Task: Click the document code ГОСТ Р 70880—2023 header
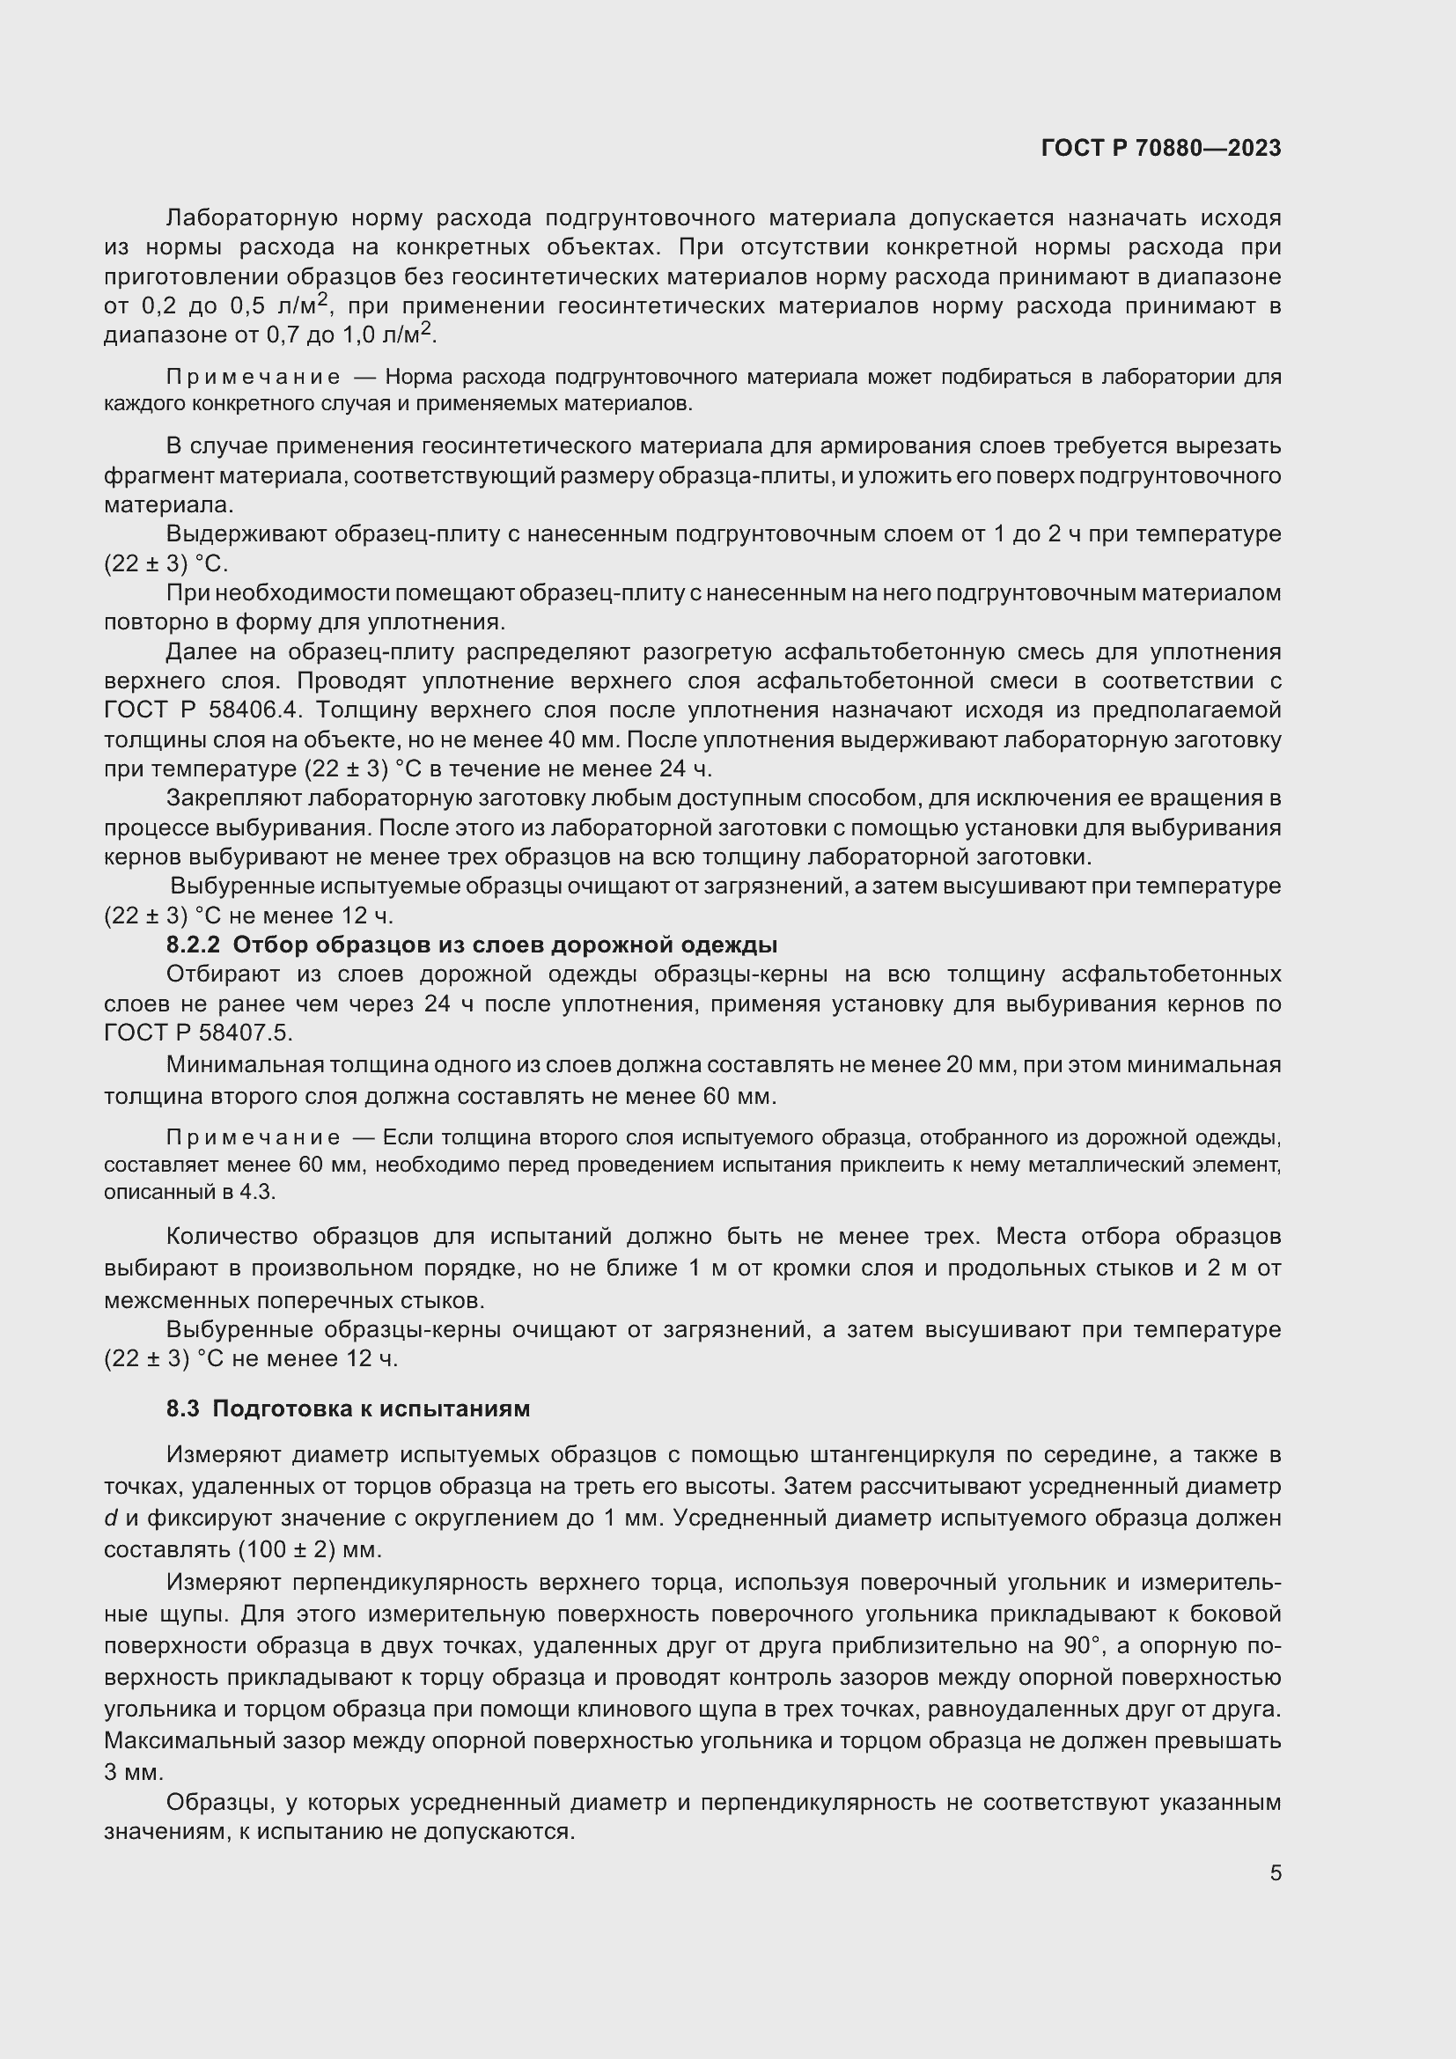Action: coord(1160,149)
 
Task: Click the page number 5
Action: coord(1275,1872)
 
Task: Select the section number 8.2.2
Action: coord(193,945)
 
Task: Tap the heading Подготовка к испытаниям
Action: coord(371,1408)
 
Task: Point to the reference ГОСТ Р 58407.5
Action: coord(197,1033)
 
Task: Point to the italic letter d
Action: coord(111,1519)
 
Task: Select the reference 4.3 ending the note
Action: coord(260,1193)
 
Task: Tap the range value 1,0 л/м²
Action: coord(388,335)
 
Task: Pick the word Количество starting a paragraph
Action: coord(232,1237)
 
